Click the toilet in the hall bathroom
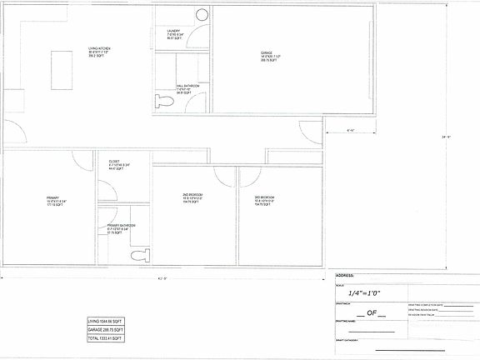(162, 101)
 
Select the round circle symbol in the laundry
(200, 15)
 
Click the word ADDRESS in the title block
(345, 274)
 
